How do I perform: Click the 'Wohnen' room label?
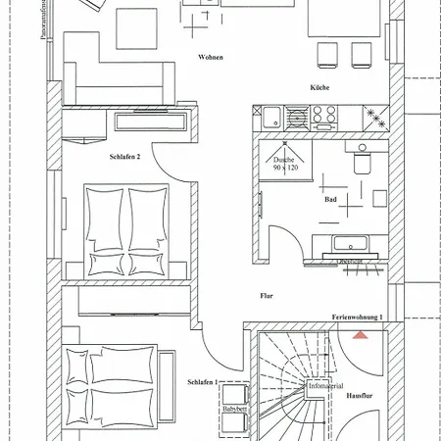211,58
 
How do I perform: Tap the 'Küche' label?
319,88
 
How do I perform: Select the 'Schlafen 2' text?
125,156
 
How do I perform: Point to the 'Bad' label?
330,200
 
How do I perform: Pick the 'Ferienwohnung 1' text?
357,318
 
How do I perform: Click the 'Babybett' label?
233,411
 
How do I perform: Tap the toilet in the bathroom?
363,163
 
